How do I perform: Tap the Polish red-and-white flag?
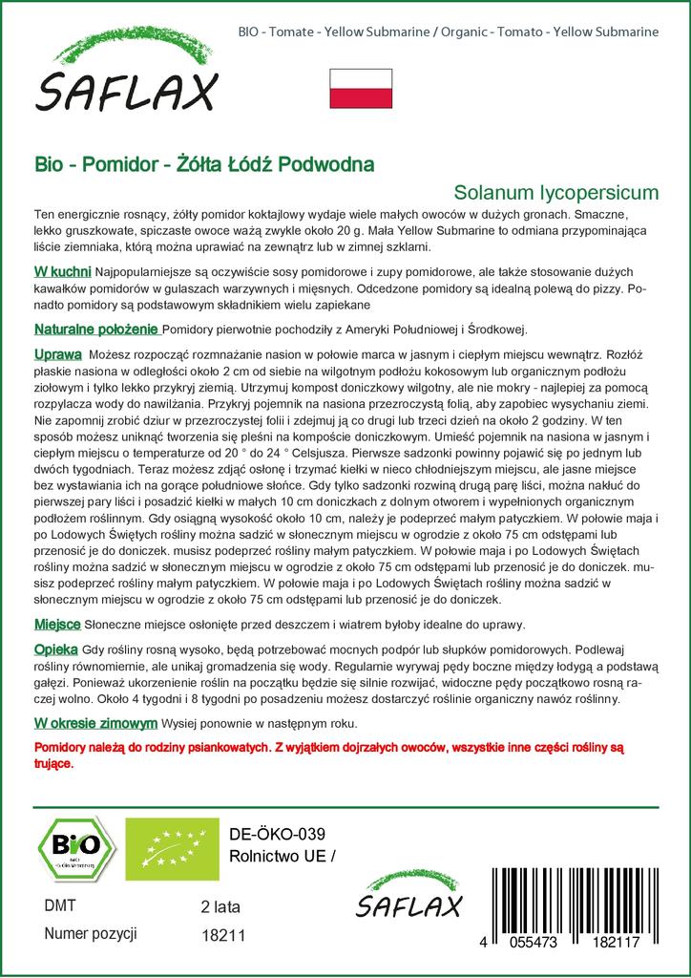point(360,88)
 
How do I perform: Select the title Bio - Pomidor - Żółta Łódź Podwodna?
point(204,163)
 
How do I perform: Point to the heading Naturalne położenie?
point(95,330)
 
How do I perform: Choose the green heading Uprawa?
point(56,354)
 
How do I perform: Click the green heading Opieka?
point(55,648)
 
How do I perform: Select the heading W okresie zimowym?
point(95,723)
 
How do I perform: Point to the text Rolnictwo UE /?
point(283,855)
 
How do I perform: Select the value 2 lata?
point(221,906)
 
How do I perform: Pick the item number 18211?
point(223,936)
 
